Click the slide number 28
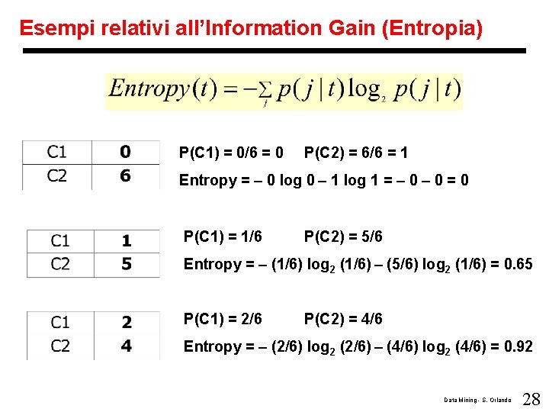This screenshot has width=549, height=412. pyautogui.click(x=531, y=398)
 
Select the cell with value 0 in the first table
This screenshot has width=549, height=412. pyautogui.click(x=125, y=152)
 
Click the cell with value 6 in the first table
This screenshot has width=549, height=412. pyautogui.click(x=125, y=176)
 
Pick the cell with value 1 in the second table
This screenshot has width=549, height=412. pyautogui.click(x=127, y=240)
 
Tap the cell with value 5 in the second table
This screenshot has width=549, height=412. pyautogui.click(x=127, y=264)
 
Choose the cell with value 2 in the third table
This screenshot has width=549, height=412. pyautogui.click(x=127, y=322)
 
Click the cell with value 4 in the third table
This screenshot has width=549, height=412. pyautogui.click(x=127, y=346)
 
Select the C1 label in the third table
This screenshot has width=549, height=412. pyautogui.click(x=60, y=322)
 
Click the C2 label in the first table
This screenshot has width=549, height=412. pyautogui.click(x=57, y=176)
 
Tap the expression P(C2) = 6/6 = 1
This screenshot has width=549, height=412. pyautogui.click(x=355, y=153)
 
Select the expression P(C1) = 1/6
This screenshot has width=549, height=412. pyautogui.click(x=223, y=237)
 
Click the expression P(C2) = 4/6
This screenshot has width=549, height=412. pyautogui.click(x=343, y=319)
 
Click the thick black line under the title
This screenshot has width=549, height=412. pyautogui.click(x=274, y=51)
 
